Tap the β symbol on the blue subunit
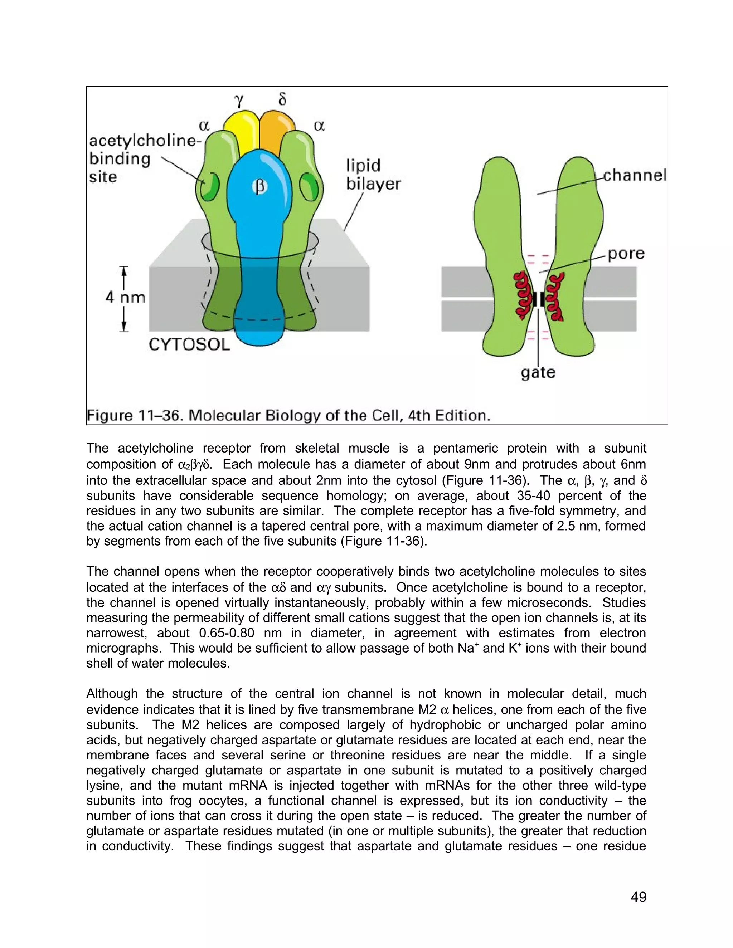tap(260, 187)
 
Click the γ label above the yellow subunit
tap(239, 101)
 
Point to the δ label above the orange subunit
tap(282, 100)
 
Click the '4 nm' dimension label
tap(126, 298)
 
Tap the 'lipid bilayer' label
tap(373, 175)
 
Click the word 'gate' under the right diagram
tap(538, 372)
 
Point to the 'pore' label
tap(626, 254)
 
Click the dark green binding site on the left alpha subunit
tap(209, 187)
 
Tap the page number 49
tap(638, 897)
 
